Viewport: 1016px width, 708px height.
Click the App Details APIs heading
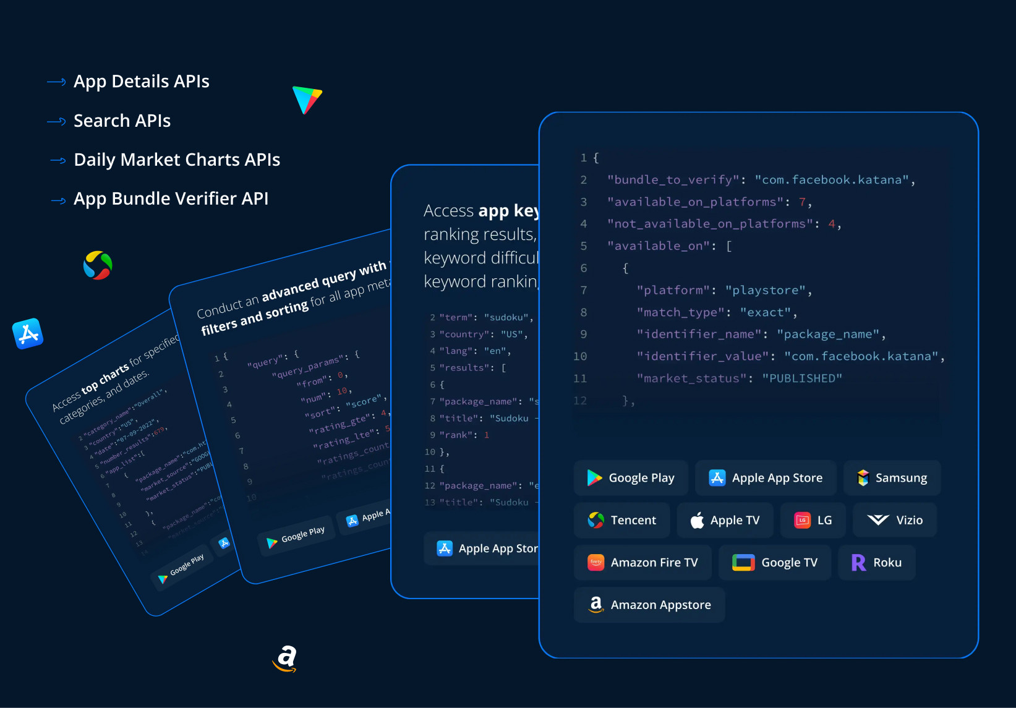point(141,82)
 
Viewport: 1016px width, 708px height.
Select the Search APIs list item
point(122,121)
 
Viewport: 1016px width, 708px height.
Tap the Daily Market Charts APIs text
point(176,160)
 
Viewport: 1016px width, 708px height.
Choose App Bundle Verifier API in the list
point(171,198)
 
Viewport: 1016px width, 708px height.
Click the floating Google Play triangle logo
point(307,100)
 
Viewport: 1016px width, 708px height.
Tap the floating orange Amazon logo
point(285,658)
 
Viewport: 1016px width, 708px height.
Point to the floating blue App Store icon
point(28,334)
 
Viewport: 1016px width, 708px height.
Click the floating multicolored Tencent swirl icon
point(98,265)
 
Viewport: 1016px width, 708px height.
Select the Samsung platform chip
point(892,478)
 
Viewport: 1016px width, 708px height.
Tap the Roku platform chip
point(876,563)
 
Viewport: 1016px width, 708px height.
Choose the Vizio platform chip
point(894,520)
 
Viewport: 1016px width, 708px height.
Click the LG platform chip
point(813,520)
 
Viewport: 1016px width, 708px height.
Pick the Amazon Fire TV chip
point(642,563)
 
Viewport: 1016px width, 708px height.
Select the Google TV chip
point(775,563)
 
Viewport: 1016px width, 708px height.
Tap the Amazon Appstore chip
point(649,605)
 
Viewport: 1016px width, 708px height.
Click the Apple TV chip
point(725,520)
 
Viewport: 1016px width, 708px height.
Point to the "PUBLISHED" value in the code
point(801,378)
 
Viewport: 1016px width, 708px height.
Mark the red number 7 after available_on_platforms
point(802,202)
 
